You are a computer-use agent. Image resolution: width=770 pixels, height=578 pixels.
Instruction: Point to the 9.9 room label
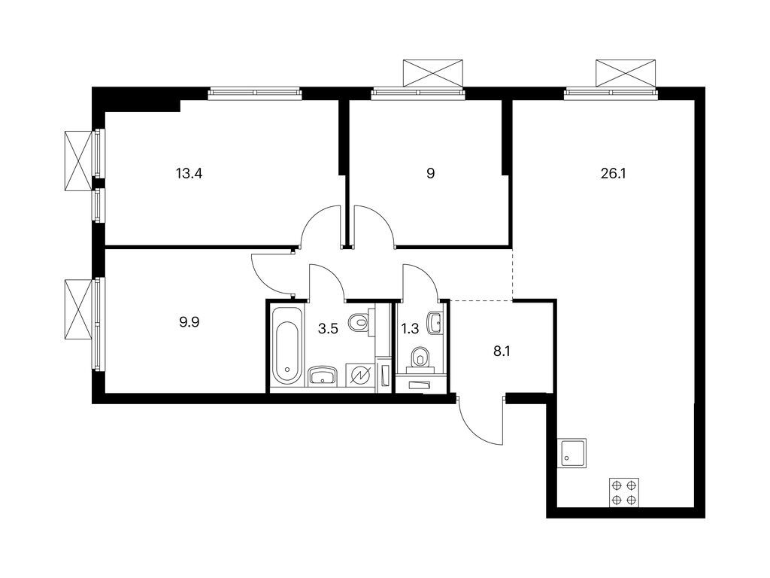coord(189,322)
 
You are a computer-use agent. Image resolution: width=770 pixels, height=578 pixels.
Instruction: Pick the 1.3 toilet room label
coord(410,328)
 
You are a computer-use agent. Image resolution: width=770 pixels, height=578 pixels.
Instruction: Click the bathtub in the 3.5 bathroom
coord(286,345)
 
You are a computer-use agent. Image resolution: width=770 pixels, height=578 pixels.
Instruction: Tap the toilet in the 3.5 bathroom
coord(360,321)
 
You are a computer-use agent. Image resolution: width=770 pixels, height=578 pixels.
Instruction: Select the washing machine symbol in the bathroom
coord(359,376)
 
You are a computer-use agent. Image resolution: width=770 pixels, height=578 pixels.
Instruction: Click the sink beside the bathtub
coord(323,375)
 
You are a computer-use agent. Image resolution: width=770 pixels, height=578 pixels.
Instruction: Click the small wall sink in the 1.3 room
coord(435,323)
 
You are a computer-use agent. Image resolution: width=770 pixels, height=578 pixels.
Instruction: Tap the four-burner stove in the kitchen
coord(624,492)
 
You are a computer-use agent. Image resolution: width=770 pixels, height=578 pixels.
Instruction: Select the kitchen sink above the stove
coord(573,453)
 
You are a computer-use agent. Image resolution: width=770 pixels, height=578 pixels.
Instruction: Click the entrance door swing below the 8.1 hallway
coord(480,421)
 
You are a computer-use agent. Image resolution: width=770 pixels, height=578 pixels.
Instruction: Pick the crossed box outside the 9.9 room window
coord(77,309)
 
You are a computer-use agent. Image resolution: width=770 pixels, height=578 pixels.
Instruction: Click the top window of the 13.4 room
coord(255,94)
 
